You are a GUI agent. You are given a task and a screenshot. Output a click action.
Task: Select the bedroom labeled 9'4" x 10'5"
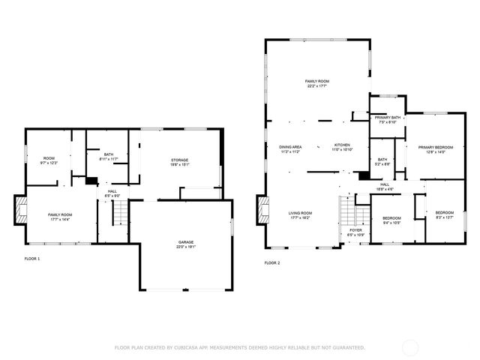coord(391,220)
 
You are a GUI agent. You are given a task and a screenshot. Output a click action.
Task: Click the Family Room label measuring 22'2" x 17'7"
coord(317,83)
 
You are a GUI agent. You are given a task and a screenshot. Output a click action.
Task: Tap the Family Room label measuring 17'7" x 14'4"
coord(49,216)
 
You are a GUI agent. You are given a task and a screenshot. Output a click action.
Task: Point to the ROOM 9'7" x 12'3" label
coord(49,160)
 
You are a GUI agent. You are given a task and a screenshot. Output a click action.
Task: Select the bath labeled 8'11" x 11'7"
coord(109,157)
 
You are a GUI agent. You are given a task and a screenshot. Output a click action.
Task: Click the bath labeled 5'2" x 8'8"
coord(382,161)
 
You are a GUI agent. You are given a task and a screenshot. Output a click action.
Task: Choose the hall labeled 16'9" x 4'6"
coord(385,185)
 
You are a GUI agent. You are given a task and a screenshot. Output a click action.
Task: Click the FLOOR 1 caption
coord(32,259)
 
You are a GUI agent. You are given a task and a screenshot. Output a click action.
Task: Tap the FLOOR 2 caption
coord(272,263)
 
